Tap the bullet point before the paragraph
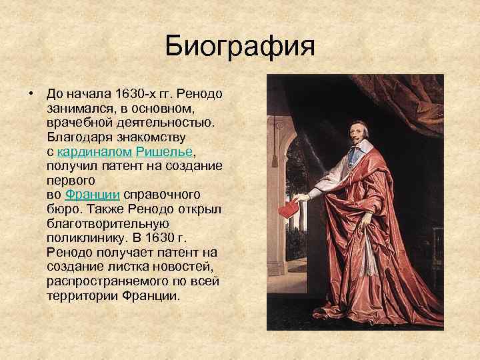click(x=31, y=92)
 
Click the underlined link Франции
click(x=92, y=195)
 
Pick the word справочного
click(x=162, y=195)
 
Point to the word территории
click(x=83, y=297)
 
